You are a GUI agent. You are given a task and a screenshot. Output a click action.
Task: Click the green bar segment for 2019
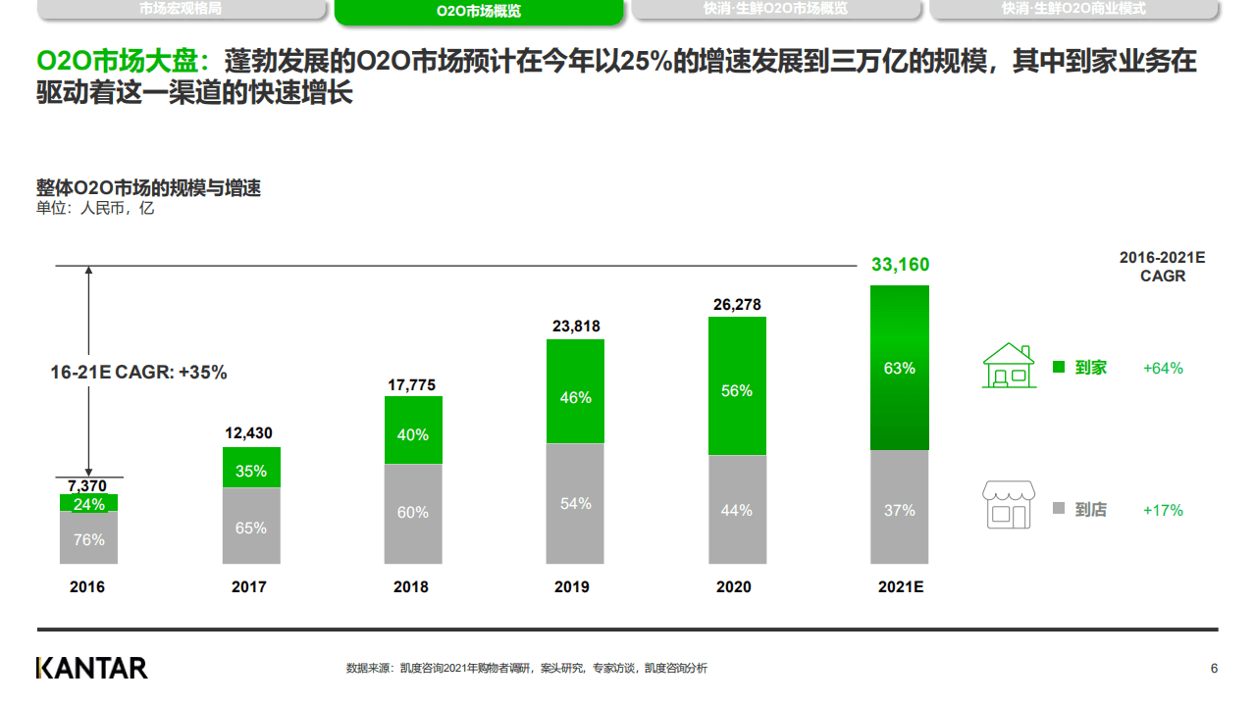(x=575, y=391)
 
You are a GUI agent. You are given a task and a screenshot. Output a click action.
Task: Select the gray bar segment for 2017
(x=251, y=526)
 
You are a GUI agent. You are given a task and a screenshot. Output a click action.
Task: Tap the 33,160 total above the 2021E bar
(x=900, y=265)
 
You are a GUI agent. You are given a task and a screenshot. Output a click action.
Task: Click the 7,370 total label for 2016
(x=87, y=485)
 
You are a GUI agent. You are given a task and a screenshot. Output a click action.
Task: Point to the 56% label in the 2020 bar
(x=736, y=390)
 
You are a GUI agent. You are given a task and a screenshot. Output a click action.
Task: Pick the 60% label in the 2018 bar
(x=413, y=512)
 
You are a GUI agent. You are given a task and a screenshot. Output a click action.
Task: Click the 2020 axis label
(x=733, y=586)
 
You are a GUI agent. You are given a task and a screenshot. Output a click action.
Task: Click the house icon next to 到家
(x=1009, y=366)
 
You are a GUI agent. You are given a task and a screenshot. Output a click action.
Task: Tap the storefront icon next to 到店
(x=1009, y=505)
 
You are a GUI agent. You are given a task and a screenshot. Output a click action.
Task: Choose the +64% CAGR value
(x=1163, y=368)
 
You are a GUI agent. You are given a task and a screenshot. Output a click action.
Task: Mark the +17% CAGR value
(x=1163, y=510)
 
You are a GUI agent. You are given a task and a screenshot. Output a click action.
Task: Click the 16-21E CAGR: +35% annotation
(x=138, y=373)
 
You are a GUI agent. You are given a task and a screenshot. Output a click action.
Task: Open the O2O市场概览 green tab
(x=478, y=12)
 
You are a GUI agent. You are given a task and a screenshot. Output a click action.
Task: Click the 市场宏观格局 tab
(x=181, y=9)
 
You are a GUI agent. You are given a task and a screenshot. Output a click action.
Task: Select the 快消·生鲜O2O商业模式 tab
(x=1073, y=9)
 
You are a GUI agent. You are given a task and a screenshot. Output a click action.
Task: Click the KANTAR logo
(x=91, y=668)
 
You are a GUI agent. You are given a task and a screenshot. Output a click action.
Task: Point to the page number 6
(x=1214, y=668)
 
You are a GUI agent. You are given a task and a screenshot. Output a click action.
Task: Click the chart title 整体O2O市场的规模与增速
(x=148, y=188)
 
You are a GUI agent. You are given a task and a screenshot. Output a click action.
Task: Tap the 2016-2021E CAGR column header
(x=1162, y=267)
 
